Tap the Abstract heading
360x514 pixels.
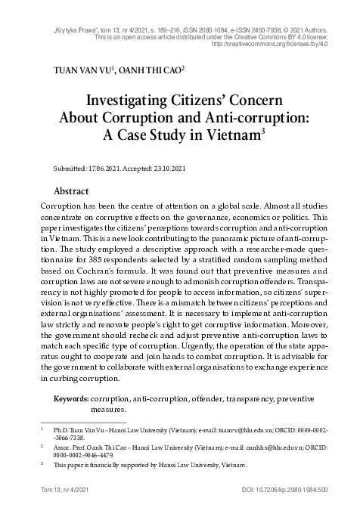[x=73, y=191]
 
